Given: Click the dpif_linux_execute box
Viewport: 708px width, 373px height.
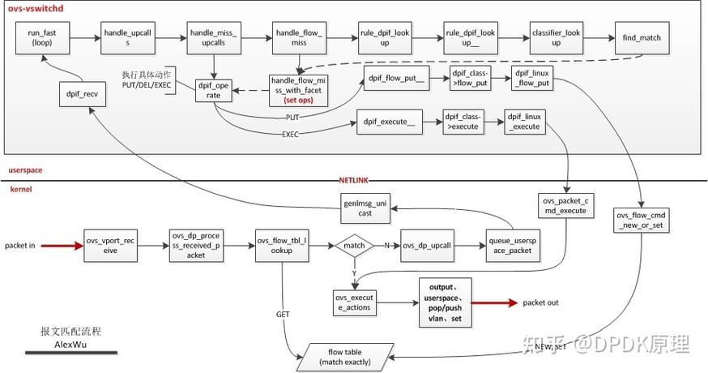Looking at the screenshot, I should coord(524,122).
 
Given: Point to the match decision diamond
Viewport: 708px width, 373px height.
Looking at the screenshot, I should coord(355,245).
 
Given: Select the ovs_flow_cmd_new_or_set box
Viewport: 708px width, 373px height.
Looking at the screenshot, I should coord(639,220).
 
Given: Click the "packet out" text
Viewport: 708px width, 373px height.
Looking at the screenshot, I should coord(540,302).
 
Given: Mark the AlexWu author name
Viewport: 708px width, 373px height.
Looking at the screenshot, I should coord(70,343).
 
